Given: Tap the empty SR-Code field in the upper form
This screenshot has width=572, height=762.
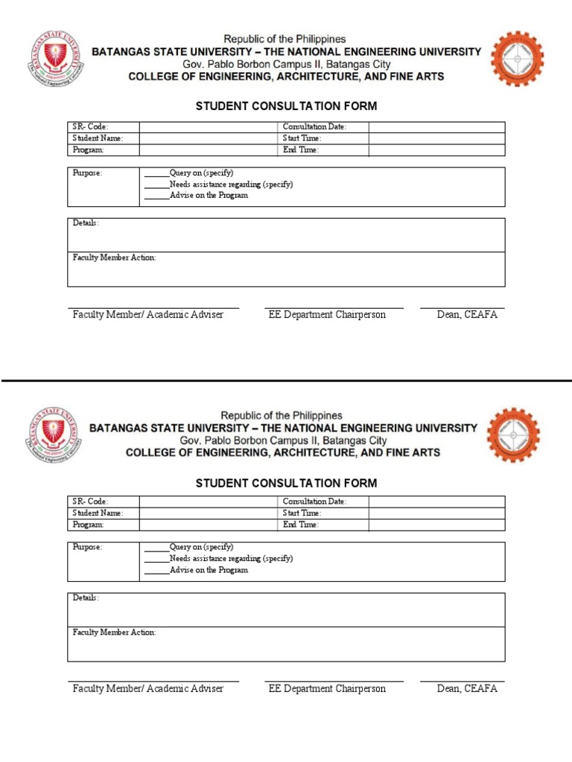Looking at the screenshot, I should coord(209,127).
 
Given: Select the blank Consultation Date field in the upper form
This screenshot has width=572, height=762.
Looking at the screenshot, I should coord(436,127).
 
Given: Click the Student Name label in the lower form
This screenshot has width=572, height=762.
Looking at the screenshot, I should coord(98,513).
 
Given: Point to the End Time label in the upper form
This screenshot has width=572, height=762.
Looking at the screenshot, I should coord(301,150).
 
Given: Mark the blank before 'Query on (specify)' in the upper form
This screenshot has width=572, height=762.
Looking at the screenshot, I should coord(156,173).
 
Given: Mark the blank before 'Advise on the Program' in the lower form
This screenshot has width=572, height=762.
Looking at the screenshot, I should coord(156,571).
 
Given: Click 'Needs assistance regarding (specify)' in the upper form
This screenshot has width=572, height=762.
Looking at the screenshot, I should coord(231,185).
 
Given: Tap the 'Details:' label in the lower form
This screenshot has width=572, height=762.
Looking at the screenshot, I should coord(86,598).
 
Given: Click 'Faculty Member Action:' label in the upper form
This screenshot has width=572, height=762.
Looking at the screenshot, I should coord(114,257).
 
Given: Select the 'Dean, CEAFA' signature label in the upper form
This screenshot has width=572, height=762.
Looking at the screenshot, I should coord(467,315).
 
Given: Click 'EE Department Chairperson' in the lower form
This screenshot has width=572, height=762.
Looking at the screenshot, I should coord(327,689).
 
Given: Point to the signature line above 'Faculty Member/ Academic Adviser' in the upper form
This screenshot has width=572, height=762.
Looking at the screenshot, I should coord(153,307).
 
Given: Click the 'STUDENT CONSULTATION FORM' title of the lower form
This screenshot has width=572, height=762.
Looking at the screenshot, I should coord(286,484).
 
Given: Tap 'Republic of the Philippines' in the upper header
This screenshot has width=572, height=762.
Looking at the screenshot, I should coord(286,39).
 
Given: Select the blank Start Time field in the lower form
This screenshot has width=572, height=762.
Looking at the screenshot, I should coord(436,513).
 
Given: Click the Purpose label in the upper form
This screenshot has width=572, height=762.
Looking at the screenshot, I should coord(87,173).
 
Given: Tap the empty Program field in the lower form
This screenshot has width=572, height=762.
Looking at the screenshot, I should coord(209,525).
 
